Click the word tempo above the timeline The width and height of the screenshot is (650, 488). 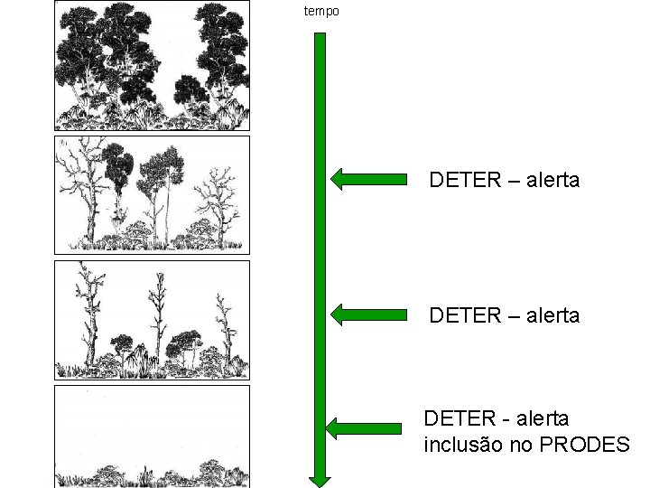(321, 11)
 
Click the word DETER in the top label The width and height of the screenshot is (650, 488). (465, 180)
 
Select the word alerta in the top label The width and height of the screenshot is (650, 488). (548, 180)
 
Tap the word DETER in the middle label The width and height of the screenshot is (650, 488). (465, 315)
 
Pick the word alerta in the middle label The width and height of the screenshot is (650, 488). (548, 315)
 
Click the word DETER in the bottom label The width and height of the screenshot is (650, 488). (460, 418)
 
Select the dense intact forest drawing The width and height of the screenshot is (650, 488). (152, 66)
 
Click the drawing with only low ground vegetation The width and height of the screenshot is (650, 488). (152, 436)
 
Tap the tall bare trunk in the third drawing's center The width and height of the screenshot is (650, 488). (159, 316)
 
